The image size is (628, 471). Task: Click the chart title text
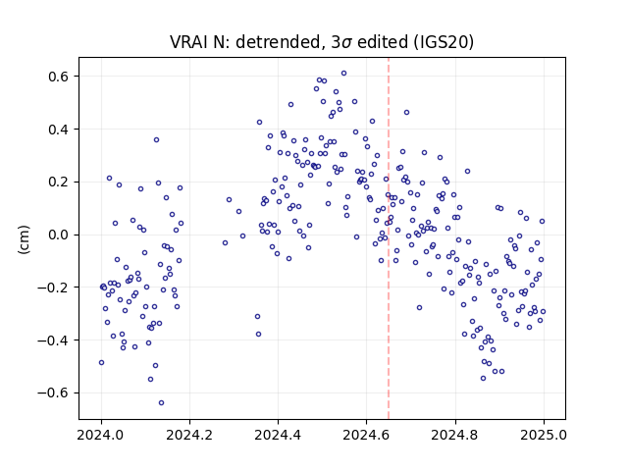click(322, 42)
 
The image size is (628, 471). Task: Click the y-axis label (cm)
click(24, 239)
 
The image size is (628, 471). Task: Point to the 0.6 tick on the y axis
click(60, 77)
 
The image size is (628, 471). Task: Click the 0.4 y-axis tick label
click(60, 130)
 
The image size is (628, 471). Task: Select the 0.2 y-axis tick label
click(60, 183)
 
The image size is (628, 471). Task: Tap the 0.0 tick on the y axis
click(60, 235)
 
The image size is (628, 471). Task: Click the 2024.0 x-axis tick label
click(101, 435)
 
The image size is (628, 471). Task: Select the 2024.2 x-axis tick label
click(189, 435)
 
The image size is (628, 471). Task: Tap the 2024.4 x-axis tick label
click(278, 435)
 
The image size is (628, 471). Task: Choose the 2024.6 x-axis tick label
click(366, 435)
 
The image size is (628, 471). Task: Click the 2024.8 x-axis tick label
click(455, 435)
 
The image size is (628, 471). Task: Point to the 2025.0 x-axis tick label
click(544, 435)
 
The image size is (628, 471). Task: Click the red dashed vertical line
click(389, 238)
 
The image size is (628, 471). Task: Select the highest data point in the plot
click(343, 74)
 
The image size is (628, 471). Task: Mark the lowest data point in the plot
click(161, 403)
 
